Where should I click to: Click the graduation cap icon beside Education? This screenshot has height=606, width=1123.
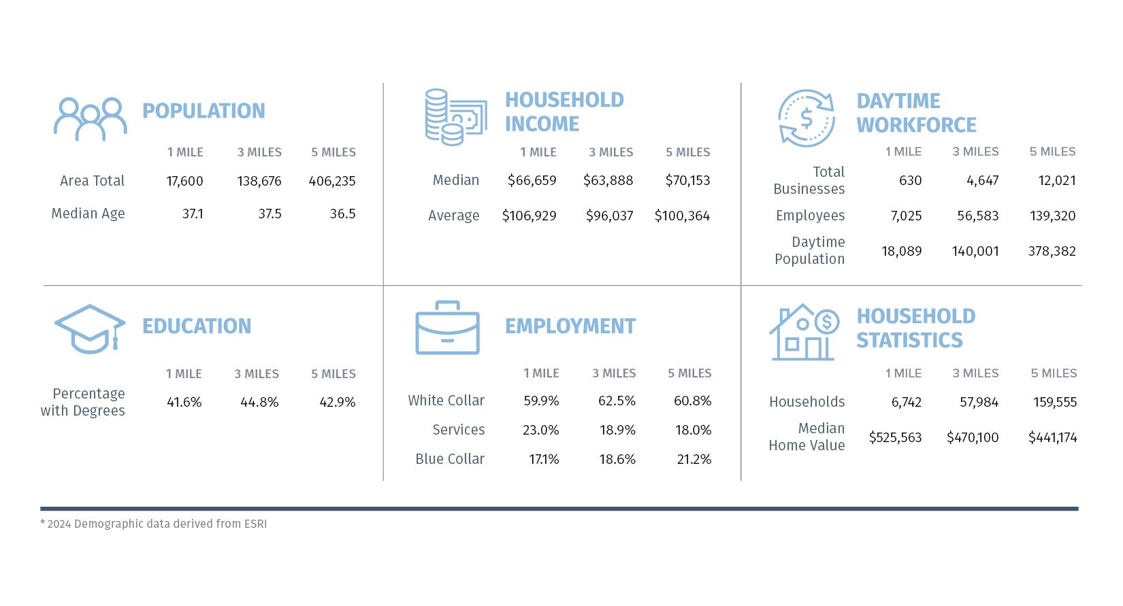(x=90, y=329)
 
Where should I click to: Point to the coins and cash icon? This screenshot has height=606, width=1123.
(x=455, y=117)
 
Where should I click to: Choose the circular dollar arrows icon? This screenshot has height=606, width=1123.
(x=807, y=118)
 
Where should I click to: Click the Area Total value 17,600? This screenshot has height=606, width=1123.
(x=184, y=181)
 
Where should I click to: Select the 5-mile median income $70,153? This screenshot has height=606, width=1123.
(x=687, y=180)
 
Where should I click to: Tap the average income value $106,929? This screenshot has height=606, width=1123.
(x=529, y=216)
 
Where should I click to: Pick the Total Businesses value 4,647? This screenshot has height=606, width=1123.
(x=982, y=180)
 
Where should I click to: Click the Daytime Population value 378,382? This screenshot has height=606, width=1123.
(x=1052, y=251)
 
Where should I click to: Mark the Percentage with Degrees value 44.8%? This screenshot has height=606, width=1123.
(x=259, y=402)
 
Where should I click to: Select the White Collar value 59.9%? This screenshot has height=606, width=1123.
(x=541, y=401)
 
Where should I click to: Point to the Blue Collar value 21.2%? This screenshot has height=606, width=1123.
(x=694, y=459)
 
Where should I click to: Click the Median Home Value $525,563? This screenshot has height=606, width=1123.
(x=895, y=437)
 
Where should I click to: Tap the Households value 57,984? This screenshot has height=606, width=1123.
(x=979, y=402)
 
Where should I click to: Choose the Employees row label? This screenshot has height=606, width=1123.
(x=810, y=216)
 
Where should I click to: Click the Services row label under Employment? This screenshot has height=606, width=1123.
(x=458, y=430)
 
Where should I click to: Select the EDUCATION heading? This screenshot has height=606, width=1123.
(x=197, y=326)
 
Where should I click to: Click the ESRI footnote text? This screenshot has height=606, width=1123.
(x=154, y=524)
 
